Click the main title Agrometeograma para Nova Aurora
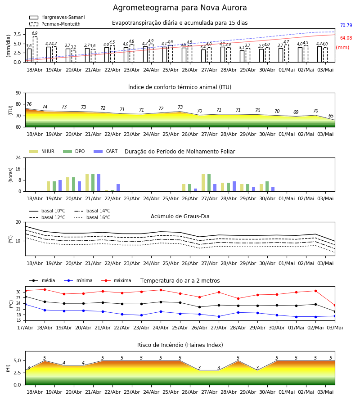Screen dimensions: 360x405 pos(180,8)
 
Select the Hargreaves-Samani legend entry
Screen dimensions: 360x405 pos(57,17)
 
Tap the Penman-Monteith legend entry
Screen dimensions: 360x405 pos(55,24)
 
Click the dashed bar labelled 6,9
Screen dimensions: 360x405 pos(35,49)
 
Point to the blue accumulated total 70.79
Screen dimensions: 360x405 pos(346,25)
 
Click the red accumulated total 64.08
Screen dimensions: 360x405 pos(346,38)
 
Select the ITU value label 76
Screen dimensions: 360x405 pos(29,104)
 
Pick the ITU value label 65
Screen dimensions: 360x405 pos(331,116)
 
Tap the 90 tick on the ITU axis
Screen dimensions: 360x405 pos(18,93)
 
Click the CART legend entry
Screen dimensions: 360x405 pos(106,151)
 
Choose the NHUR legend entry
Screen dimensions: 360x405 pos(42,151)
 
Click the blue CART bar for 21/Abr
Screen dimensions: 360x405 pos(99,183)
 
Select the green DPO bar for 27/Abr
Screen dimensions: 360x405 pos(209,183)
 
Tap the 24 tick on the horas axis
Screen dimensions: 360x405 pos(18,158)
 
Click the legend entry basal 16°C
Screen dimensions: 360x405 pos(92,217)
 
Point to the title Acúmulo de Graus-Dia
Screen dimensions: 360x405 pos(180,216)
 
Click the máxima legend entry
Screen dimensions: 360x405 pos(116,280)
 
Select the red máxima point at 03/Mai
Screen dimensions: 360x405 pos(335,305)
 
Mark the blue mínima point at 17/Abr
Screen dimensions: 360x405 pos(25,305)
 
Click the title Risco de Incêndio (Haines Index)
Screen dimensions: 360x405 pos(180,345)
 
